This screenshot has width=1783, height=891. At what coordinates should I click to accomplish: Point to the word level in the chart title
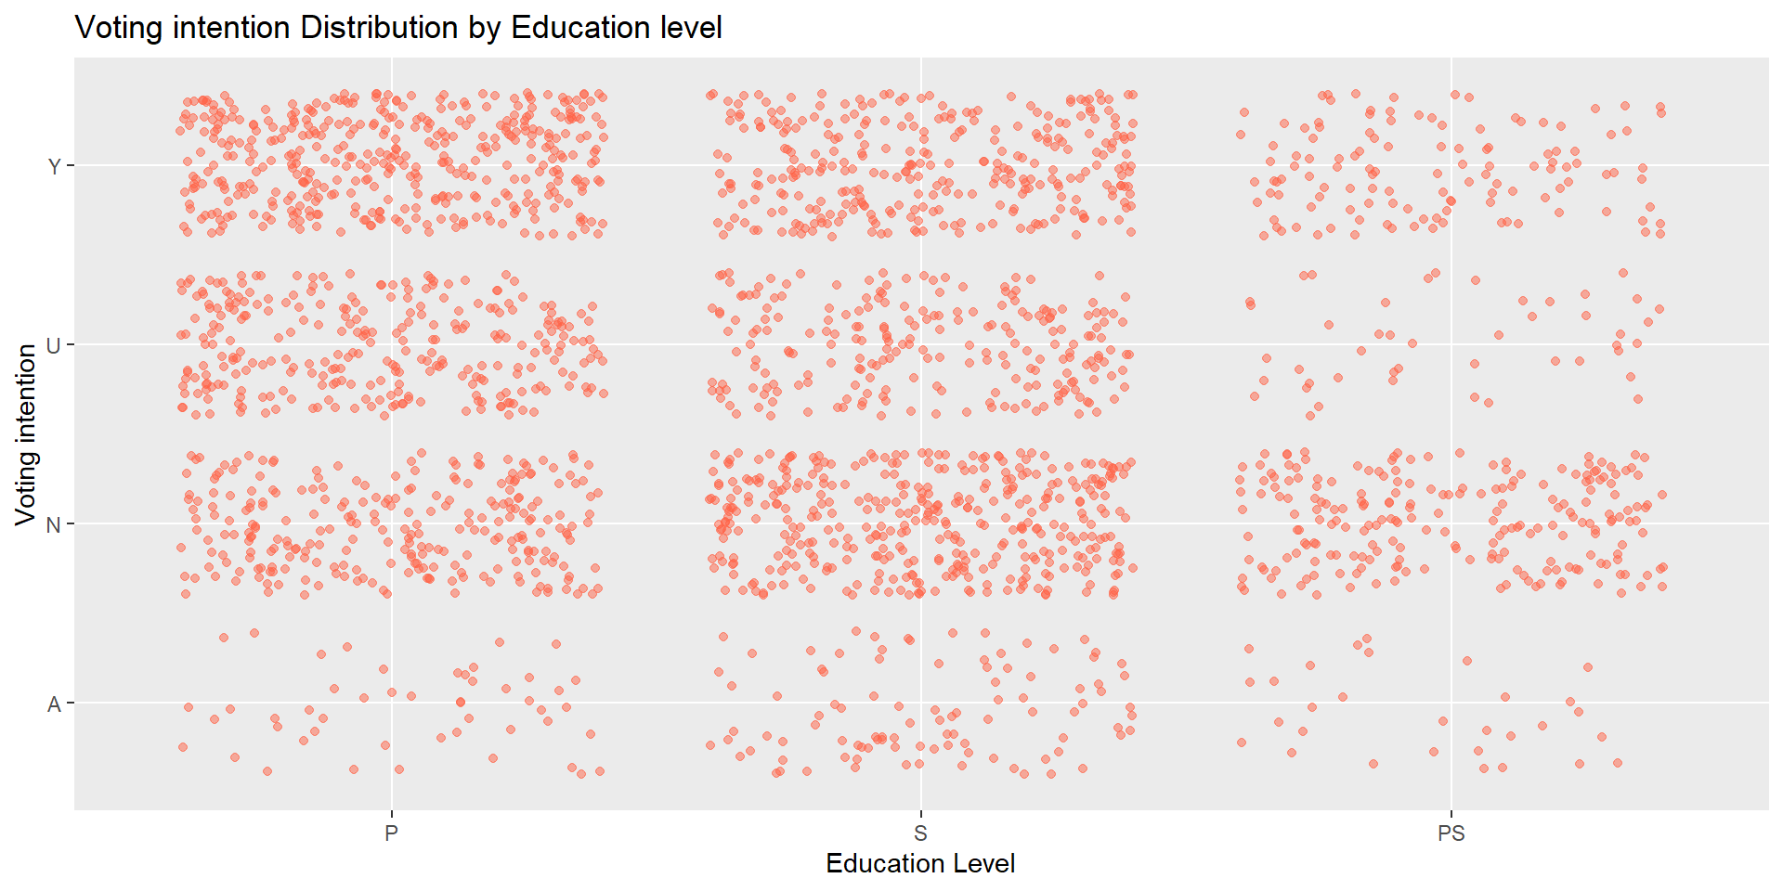(691, 28)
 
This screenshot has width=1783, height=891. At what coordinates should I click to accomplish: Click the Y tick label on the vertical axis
(54, 167)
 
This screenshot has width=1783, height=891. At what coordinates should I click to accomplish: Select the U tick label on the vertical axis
(54, 346)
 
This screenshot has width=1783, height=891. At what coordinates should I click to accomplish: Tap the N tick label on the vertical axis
(54, 525)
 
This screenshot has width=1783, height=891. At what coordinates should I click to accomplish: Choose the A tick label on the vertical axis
(54, 704)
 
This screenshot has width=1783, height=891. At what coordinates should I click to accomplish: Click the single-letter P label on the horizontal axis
(391, 833)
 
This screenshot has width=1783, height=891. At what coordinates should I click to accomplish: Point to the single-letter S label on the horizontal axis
(920, 833)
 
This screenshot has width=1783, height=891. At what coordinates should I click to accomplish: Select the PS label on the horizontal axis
(1451, 833)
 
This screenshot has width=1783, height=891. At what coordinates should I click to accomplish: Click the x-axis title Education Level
(919, 864)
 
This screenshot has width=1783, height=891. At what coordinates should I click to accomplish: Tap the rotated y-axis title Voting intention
(26, 434)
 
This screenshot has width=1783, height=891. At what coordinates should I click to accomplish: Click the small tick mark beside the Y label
(70, 166)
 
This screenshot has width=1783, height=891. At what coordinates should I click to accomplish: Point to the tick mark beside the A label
(70, 704)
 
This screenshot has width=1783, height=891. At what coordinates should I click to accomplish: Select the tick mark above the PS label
(1451, 814)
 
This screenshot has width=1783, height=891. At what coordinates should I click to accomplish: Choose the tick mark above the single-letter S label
(920, 814)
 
